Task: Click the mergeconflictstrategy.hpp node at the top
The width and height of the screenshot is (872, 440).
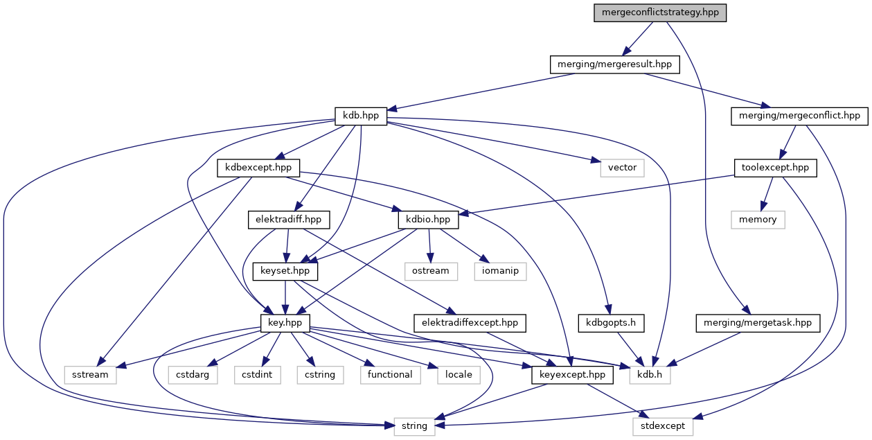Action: [659, 13]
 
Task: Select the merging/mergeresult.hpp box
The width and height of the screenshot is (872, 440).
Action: [615, 65]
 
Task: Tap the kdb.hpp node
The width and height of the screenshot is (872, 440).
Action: [361, 116]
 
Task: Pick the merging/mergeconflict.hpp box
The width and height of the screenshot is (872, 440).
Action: [799, 116]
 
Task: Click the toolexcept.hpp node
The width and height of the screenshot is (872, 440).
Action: [775, 168]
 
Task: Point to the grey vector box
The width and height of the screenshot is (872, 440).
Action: [622, 168]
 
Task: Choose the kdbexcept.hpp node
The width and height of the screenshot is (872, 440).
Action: [258, 168]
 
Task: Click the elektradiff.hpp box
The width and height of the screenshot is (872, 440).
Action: [289, 220]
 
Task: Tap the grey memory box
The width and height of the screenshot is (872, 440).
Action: [757, 220]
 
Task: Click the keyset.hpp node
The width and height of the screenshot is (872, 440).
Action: [285, 271]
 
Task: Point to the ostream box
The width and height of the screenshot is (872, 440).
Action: [431, 271]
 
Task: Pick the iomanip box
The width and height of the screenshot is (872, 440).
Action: [501, 271]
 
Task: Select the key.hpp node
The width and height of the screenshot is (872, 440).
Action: [285, 323]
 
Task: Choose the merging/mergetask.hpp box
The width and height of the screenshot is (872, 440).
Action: [758, 323]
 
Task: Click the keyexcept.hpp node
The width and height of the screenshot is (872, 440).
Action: [572, 375]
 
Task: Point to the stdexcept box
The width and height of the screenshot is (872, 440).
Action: [663, 426]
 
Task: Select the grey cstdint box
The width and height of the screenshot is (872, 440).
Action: [256, 375]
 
